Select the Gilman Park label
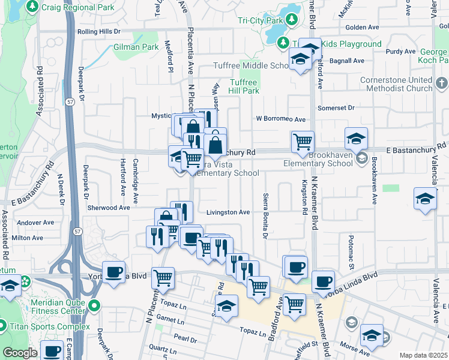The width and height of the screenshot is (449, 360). (x=136, y=47)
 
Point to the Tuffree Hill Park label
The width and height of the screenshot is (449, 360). (x=244, y=86)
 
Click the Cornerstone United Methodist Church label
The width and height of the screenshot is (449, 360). (x=396, y=84)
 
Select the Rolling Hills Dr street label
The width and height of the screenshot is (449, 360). (x=99, y=31)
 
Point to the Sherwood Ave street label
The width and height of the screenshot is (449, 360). (x=109, y=208)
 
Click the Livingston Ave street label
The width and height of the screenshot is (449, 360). (x=228, y=212)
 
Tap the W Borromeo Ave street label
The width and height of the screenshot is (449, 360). (x=281, y=119)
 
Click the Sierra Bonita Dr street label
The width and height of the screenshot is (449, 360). (x=265, y=214)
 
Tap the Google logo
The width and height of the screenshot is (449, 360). (x=20, y=353)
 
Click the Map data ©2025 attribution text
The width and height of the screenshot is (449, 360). (x=423, y=355)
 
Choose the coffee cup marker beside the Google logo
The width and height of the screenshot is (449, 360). (x=52, y=351)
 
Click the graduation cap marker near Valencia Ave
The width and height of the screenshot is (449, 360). (x=425, y=200)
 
